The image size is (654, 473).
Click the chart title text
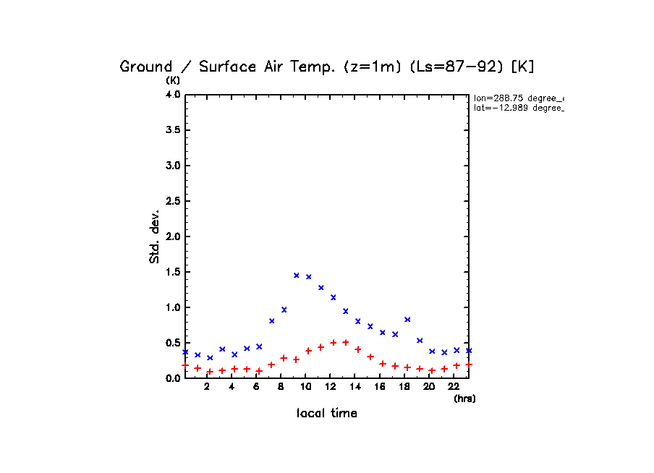tap(326, 67)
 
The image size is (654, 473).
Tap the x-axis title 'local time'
tap(326, 413)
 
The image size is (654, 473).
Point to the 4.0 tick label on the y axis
tap(172, 95)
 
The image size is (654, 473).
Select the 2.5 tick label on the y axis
tap(172, 201)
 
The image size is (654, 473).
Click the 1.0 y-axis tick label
tap(172, 307)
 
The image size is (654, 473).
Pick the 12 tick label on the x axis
tap(330, 387)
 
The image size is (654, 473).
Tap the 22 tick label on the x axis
tap(454, 387)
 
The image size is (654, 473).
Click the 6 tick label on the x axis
tap(256, 387)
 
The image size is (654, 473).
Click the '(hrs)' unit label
tap(464, 399)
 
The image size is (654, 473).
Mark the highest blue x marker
tap(296, 275)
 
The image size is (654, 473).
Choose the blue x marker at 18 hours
tap(407, 319)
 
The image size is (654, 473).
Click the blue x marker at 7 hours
tap(271, 320)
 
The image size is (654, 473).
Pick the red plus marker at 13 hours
tap(346, 342)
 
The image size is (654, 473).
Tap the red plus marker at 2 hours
tap(210, 372)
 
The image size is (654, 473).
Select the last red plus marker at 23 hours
tap(469, 365)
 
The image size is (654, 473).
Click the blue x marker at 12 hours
tap(333, 297)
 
